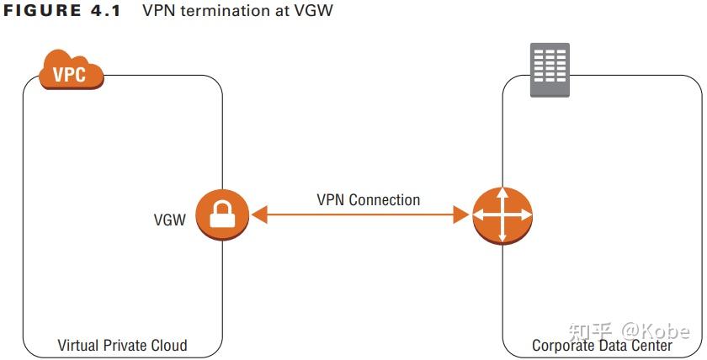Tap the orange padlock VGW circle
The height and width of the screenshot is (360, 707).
(223, 215)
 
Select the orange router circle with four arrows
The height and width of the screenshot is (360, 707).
(502, 215)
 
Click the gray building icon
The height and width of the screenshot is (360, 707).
(549, 70)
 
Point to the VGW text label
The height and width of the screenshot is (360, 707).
(169, 220)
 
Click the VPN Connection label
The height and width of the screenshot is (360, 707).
(368, 200)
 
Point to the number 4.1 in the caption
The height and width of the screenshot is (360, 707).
(105, 12)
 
